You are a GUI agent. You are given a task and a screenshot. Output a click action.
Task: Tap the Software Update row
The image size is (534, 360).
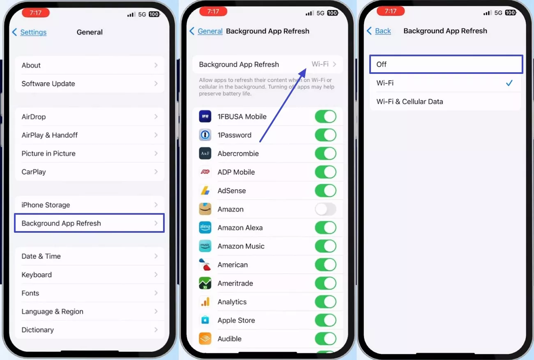[89, 84]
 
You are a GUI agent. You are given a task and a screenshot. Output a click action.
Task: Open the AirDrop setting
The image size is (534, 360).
[89, 117]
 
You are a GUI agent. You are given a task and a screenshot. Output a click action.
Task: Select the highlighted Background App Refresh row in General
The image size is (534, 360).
[89, 223]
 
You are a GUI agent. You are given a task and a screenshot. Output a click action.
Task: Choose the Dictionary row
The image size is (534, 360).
[89, 330]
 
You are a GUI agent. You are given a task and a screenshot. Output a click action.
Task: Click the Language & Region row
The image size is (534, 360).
[89, 312]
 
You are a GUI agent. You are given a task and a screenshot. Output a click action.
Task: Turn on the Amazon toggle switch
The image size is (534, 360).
[325, 209]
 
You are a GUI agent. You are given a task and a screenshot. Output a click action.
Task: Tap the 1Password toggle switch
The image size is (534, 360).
[325, 135]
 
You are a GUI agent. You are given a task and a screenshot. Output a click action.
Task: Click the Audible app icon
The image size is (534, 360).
[205, 339]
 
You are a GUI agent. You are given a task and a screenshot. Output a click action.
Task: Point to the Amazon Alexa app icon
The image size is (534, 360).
[205, 228]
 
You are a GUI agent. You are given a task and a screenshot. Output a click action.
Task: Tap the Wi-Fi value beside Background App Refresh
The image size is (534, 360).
[320, 64]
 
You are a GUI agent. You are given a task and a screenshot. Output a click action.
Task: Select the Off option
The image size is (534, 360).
[446, 64]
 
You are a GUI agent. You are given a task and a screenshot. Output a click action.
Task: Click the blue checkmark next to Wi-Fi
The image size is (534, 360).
[509, 83]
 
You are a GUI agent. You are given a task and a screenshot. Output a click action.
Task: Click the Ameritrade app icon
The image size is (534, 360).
[205, 283]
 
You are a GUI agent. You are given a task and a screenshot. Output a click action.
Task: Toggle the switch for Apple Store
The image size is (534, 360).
[325, 320]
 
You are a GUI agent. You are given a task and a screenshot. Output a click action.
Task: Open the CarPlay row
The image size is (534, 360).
[89, 172]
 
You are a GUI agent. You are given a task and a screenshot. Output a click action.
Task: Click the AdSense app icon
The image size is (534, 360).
[205, 191]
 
